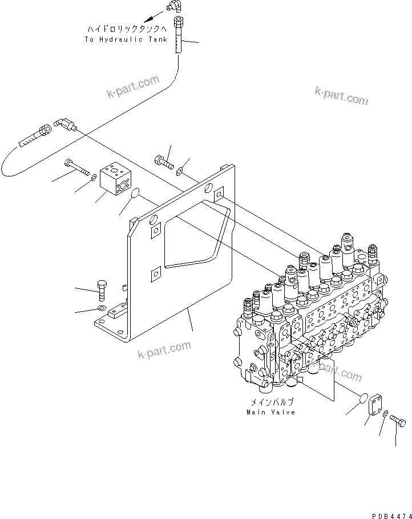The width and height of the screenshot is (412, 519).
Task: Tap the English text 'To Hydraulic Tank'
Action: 126,39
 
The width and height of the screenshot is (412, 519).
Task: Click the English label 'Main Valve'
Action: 271,412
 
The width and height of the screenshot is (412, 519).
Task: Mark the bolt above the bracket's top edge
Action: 164,160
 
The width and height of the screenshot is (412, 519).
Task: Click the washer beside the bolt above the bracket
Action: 180,170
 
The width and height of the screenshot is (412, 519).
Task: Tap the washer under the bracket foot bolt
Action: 101,309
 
